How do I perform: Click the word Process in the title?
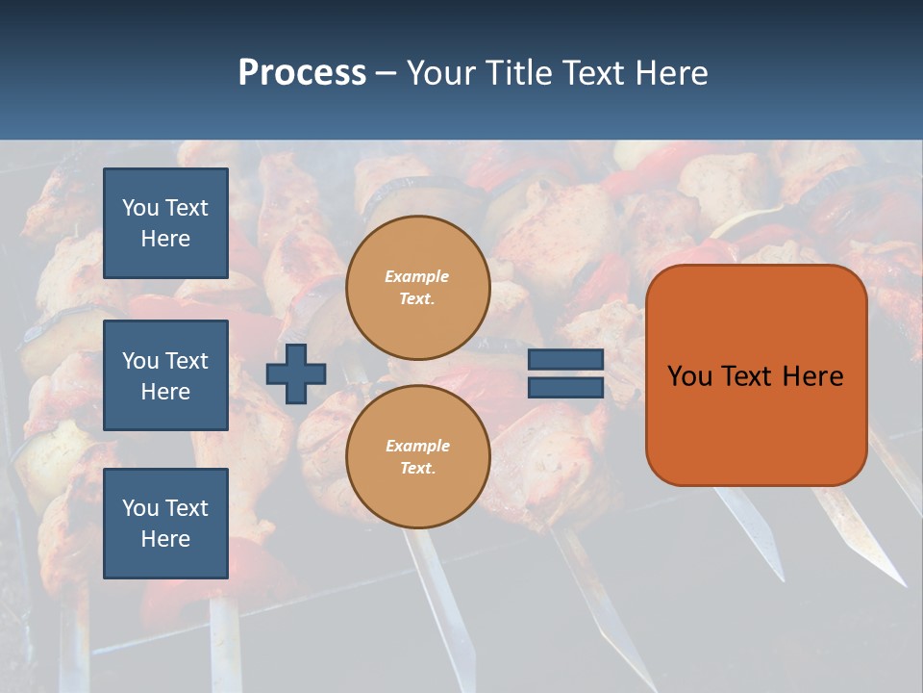point(302,73)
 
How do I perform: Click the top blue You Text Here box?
point(165,223)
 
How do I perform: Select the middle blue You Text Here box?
point(165,375)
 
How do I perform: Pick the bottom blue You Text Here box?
point(165,524)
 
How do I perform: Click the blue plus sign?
point(296,373)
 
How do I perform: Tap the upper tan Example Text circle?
point(417,288)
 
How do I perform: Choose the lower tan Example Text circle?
point(417,457)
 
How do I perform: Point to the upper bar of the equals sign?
point(565,360)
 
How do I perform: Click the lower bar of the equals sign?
point(565,388)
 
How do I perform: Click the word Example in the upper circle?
point(417,277)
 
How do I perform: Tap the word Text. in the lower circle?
point(417,469)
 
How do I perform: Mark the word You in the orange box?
point(689,376)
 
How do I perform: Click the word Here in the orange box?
point(812,376)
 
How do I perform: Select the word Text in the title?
point(591,73)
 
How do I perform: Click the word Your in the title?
point(440,73)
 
